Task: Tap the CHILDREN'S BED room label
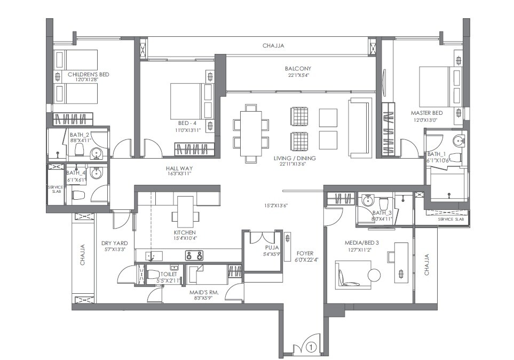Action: click(x=88, y=74)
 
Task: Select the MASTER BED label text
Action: click(x=426, y=113)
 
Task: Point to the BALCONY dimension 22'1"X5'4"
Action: click(x=297, y=75)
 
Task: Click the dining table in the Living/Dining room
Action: click(x=250, y=134)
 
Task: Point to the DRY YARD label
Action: click(x=114, y=243)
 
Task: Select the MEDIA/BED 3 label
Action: click(x=361, y=243)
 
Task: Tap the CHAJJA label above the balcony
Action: click(x=273, y=46)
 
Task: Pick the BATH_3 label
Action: click(x=382, y=213)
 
